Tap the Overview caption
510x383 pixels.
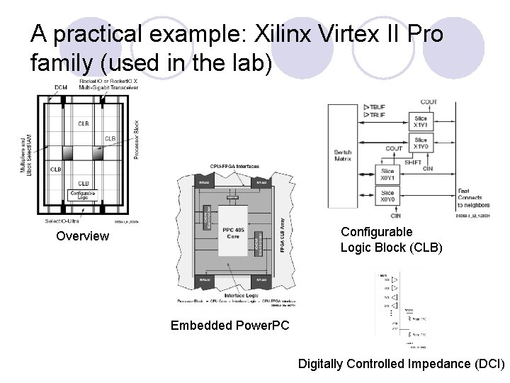tap(83, 236)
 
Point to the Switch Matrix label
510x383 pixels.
tap(344, 156)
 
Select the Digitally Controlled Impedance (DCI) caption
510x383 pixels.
tap(401, 364)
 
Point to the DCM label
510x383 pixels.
tap(62, 87)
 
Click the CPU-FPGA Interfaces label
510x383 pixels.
tap(234, 167)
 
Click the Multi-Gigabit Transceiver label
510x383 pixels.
tap(101, 87)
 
